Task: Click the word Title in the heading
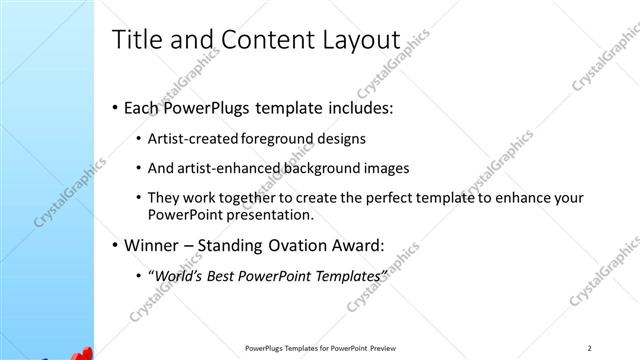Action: point(136,40)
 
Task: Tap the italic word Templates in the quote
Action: point(347,276)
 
